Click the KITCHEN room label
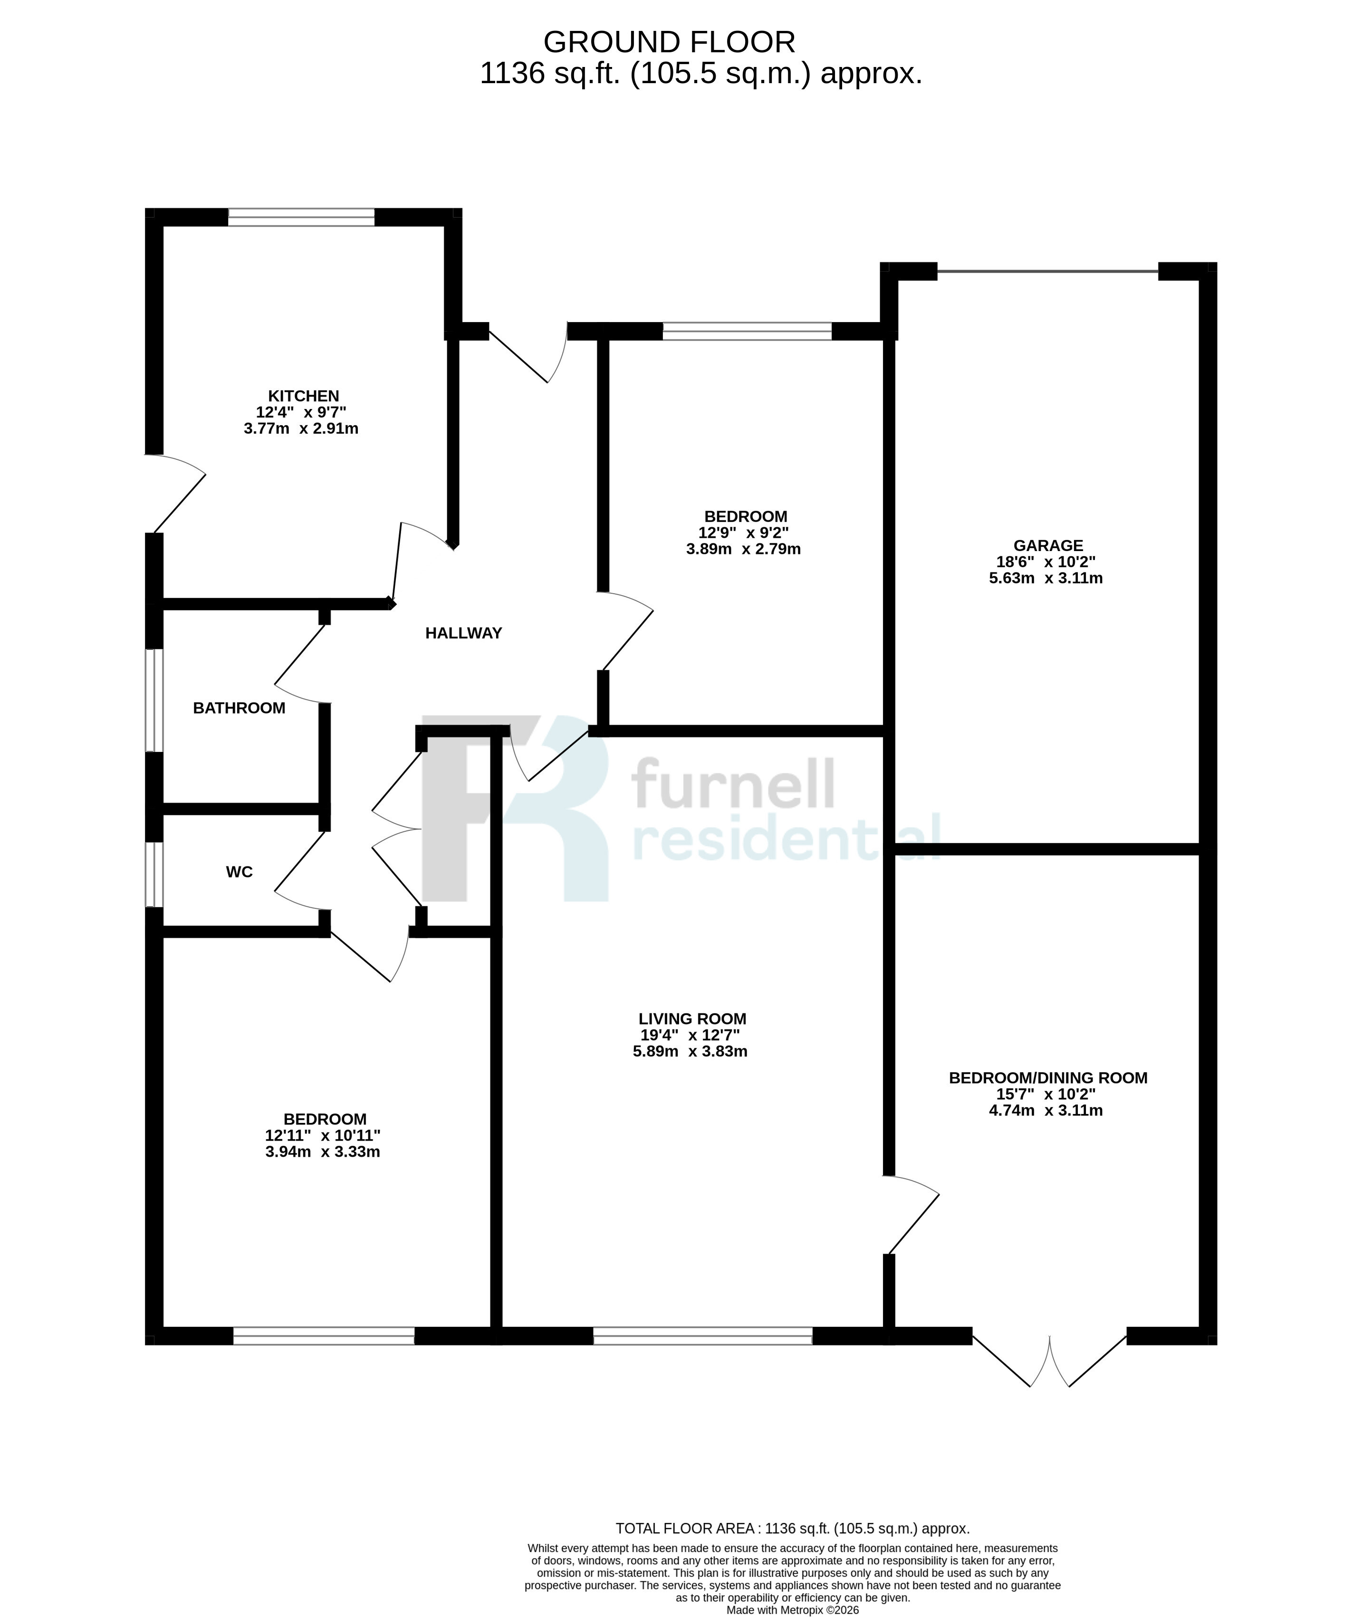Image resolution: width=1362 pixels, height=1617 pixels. click(x=304, y=396)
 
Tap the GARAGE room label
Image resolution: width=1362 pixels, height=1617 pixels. click(x=1048, y=546)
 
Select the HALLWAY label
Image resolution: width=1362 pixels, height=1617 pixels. click(x=463, y=633)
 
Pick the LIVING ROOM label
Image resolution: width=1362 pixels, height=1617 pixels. click(x=692, y=1019)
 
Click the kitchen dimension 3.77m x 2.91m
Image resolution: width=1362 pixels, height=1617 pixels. click(x=301, y=428)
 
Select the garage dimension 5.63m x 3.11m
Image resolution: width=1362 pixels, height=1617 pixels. click(x=1045, y=578)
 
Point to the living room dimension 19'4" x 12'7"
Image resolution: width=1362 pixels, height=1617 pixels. click(x=690, y=1035)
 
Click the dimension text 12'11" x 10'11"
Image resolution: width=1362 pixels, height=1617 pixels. click(x=323, y=1135)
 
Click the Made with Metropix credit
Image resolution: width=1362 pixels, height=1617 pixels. click(x=792, y=1610)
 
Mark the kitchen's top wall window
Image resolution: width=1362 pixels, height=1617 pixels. click(x=301, y=217)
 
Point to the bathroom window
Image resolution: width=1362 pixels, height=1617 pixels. click(x=154, y=700)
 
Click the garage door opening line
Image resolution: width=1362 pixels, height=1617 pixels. click(x=1048, y=271)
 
